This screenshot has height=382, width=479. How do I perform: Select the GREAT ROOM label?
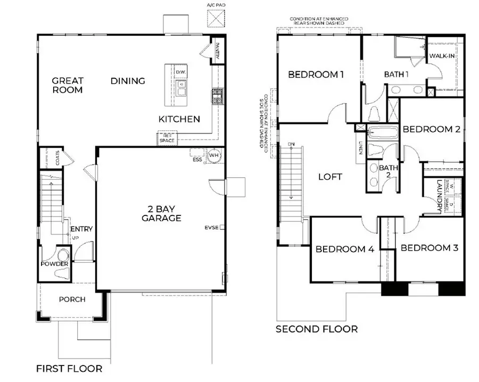click(x=68, y=86)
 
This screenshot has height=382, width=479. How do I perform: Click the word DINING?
click(x=128, y=81)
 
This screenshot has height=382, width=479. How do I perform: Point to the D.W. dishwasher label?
click(x=180, y=72)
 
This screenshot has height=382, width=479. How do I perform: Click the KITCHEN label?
click(x=179, y=119)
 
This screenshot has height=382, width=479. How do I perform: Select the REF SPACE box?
click(x=166, y=138)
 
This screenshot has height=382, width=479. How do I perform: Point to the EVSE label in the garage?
click(x=211, y=228)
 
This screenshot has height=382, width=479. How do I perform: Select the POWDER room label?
click(x=55, y=264)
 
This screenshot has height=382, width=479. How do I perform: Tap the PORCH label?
click(x=72, y=300)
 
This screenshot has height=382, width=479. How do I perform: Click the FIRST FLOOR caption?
click(x=69, y=368)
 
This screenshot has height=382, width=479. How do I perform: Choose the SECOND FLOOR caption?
click(x=316, y=329)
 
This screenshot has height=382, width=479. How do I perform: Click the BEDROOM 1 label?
click(x=316, y=74)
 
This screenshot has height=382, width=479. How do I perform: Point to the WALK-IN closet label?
click(x=442, y=56)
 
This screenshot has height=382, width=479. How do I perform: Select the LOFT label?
click(x=330, y=177)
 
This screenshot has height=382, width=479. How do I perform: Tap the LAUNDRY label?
click(x=440, y=196)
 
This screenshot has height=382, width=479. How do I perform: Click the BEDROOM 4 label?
click(x=345, y=249)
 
